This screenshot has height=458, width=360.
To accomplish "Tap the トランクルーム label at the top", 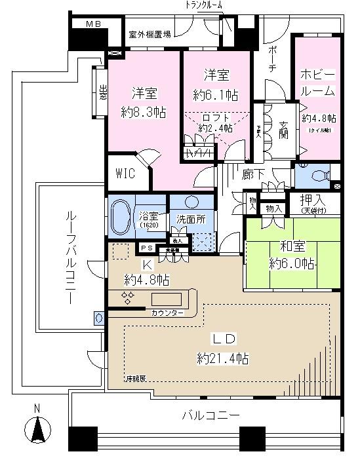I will point(203,5).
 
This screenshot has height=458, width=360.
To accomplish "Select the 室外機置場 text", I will point(150,35).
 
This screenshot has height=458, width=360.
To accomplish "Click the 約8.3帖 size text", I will point(144,112).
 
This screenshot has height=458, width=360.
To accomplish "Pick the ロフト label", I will point(216,117).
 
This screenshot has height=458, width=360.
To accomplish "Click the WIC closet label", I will point(126,174).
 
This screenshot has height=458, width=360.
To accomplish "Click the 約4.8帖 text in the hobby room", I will point(319,119).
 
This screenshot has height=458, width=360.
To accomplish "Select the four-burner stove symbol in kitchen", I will point(129,297).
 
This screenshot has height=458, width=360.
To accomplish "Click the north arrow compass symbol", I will point(37,432).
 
